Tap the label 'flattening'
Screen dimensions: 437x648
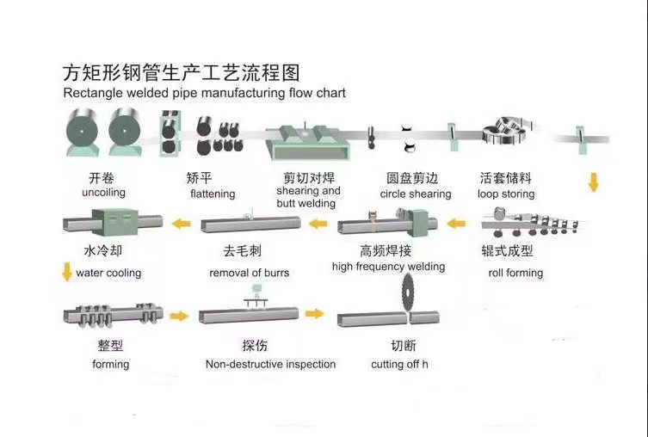coord(213,194)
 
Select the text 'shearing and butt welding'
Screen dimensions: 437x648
coord(308,197)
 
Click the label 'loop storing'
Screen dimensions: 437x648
coord(506,194)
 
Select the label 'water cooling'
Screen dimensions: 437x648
coord(108,273)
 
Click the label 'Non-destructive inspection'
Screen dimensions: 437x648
coord(270,364)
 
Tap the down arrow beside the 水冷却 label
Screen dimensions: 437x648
coord(67,273)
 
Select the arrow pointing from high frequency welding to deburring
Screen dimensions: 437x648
coord(318,225)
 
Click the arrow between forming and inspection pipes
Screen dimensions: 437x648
coord(179,316)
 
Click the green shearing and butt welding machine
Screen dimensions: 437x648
coord(305,142)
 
